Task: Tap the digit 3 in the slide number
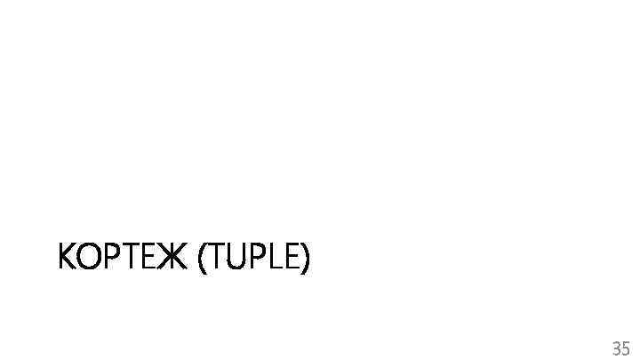point(615,347)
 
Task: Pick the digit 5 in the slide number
point(626,347)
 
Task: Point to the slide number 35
point(620,347)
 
